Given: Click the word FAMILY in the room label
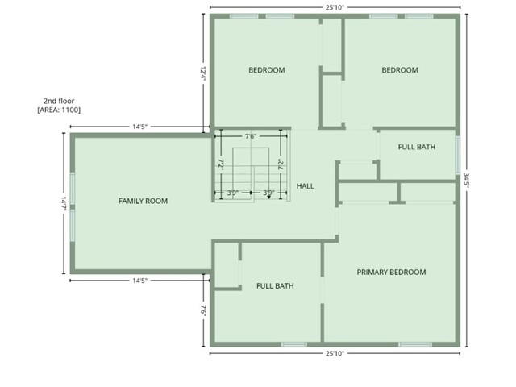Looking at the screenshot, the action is point(131,201).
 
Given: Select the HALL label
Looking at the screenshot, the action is point(305,186).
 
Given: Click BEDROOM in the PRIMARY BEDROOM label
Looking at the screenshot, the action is point(409,273).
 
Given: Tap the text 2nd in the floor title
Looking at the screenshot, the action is point(49,101).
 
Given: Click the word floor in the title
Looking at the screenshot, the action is point(66,101).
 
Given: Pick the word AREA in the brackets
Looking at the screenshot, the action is point(49,110).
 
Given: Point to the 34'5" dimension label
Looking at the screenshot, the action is point(467,181).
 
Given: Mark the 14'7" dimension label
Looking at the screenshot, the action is point(64,204).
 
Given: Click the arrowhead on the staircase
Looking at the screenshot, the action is point(268,197).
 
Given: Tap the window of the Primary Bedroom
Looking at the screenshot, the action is point(415,344).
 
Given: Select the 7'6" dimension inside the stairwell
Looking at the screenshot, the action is point(251,136).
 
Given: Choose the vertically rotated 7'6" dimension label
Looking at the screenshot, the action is point(204,311).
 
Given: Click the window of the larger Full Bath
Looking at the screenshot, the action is point(293,344).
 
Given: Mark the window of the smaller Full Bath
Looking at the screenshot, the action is point(458,156).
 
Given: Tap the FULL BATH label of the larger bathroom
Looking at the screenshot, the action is point(275,286).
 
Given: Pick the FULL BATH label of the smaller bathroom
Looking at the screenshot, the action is point(417,147).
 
